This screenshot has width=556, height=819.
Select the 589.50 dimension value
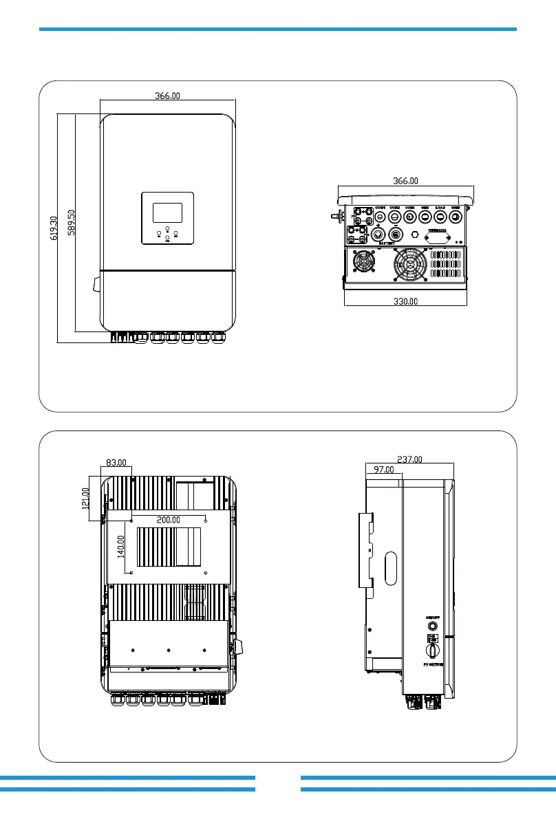pyautogui.click(x=71, y=222)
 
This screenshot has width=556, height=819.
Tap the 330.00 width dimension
pyautogui.click(x=405, y=301)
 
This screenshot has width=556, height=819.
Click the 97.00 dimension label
pyautogui.click(x=383, y=470)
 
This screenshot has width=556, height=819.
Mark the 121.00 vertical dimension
pyautogui.click(x=86, y=500)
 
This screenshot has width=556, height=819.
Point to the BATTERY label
pyautogui.click(x=386, y=243)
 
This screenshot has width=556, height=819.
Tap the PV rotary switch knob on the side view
pyautogui.click(x=432, y=648)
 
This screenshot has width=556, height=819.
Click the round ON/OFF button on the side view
pyautogui.click(x=432, y=626)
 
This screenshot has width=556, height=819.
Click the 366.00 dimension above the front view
pyautogui.click(x=167, y=96)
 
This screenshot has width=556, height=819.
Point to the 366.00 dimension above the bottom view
pyautogui.click(x=405, y=181)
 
